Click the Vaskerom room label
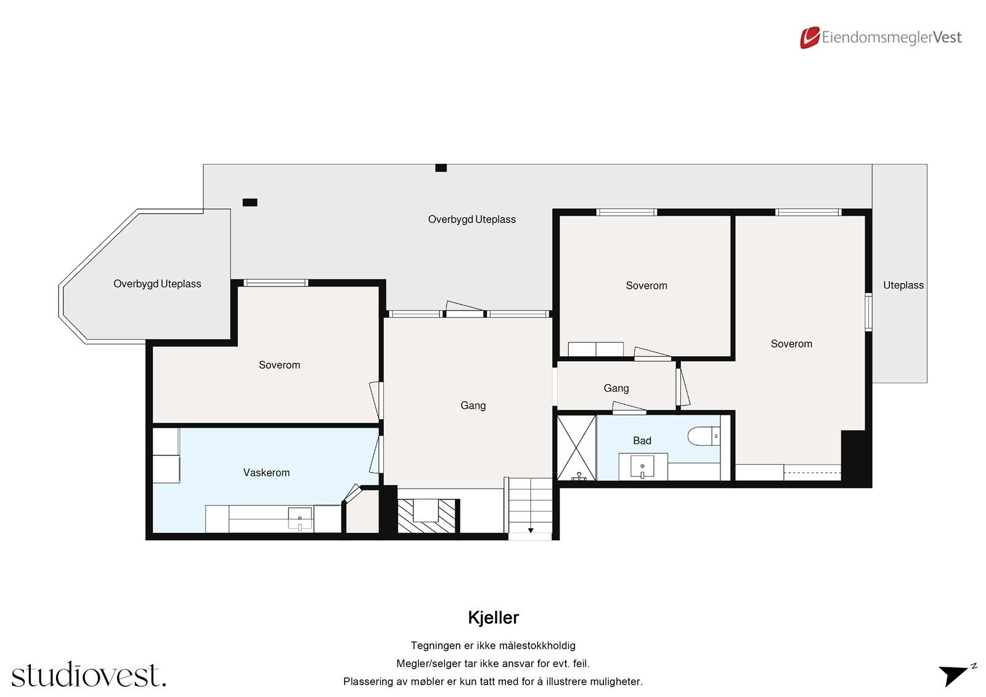tap(266, 473)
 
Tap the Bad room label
tap(642, 441)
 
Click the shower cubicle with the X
tap(576, 447)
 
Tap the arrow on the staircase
tap(531, 530)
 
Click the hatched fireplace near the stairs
tap(426, 516)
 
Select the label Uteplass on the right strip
tap(903, 285)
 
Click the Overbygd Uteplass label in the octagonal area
tap(157, 284)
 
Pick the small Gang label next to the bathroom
tap(616, 388)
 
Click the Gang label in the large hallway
tap(473, 406)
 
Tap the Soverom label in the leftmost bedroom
tap(279, 365)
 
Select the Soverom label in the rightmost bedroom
tap(791, 344)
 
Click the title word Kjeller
tap(493, 618)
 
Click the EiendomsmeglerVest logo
tap(881, 38)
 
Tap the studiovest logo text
tap(88, 675)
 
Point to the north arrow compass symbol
tap(955, 675)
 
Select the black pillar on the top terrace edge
tap(441, 168)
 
